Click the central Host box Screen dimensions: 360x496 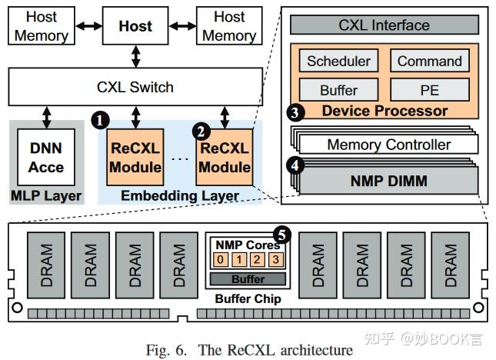click(135, 26)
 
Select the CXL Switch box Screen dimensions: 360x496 click(135, 86)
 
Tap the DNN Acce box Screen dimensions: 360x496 click(45, 157)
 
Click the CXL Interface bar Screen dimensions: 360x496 click(384, 25)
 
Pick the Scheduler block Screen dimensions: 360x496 click(338, 62)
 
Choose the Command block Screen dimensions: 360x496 click(430, 62)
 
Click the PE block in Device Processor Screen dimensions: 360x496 click(430, 89)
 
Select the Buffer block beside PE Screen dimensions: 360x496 click(338, 89)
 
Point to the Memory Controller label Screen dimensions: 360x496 click(389, 145)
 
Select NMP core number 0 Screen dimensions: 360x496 click(221, 259)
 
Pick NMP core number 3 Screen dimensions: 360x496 click(276, 259)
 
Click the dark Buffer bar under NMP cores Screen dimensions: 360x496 click(248, 278)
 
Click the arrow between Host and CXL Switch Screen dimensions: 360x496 click(135, 55)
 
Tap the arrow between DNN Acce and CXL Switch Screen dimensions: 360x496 click(47, 116)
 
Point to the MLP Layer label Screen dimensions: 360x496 click(45, 195)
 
